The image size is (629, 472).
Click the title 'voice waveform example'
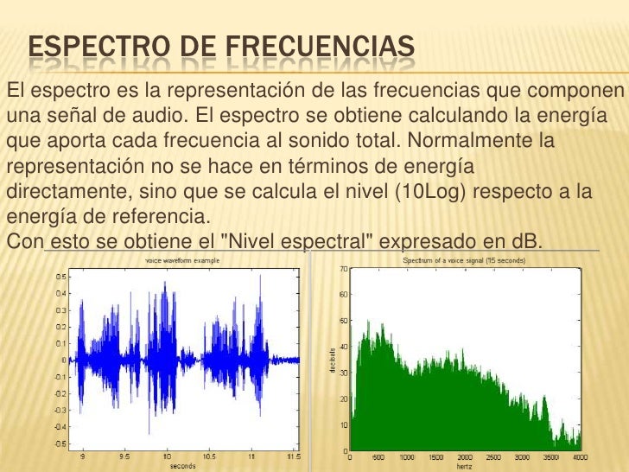tap(181, 259)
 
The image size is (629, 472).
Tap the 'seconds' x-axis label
tap(181, 465)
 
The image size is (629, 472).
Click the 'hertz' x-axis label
tap(465, 465)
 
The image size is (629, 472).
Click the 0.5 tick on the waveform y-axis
tap(60, 277)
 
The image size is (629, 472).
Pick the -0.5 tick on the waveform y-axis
tap(60, 443)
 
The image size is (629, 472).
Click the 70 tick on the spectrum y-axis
tap(343, 269)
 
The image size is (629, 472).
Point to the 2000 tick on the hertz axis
tap(464, 456)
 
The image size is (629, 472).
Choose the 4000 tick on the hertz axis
tap(581, 456)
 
